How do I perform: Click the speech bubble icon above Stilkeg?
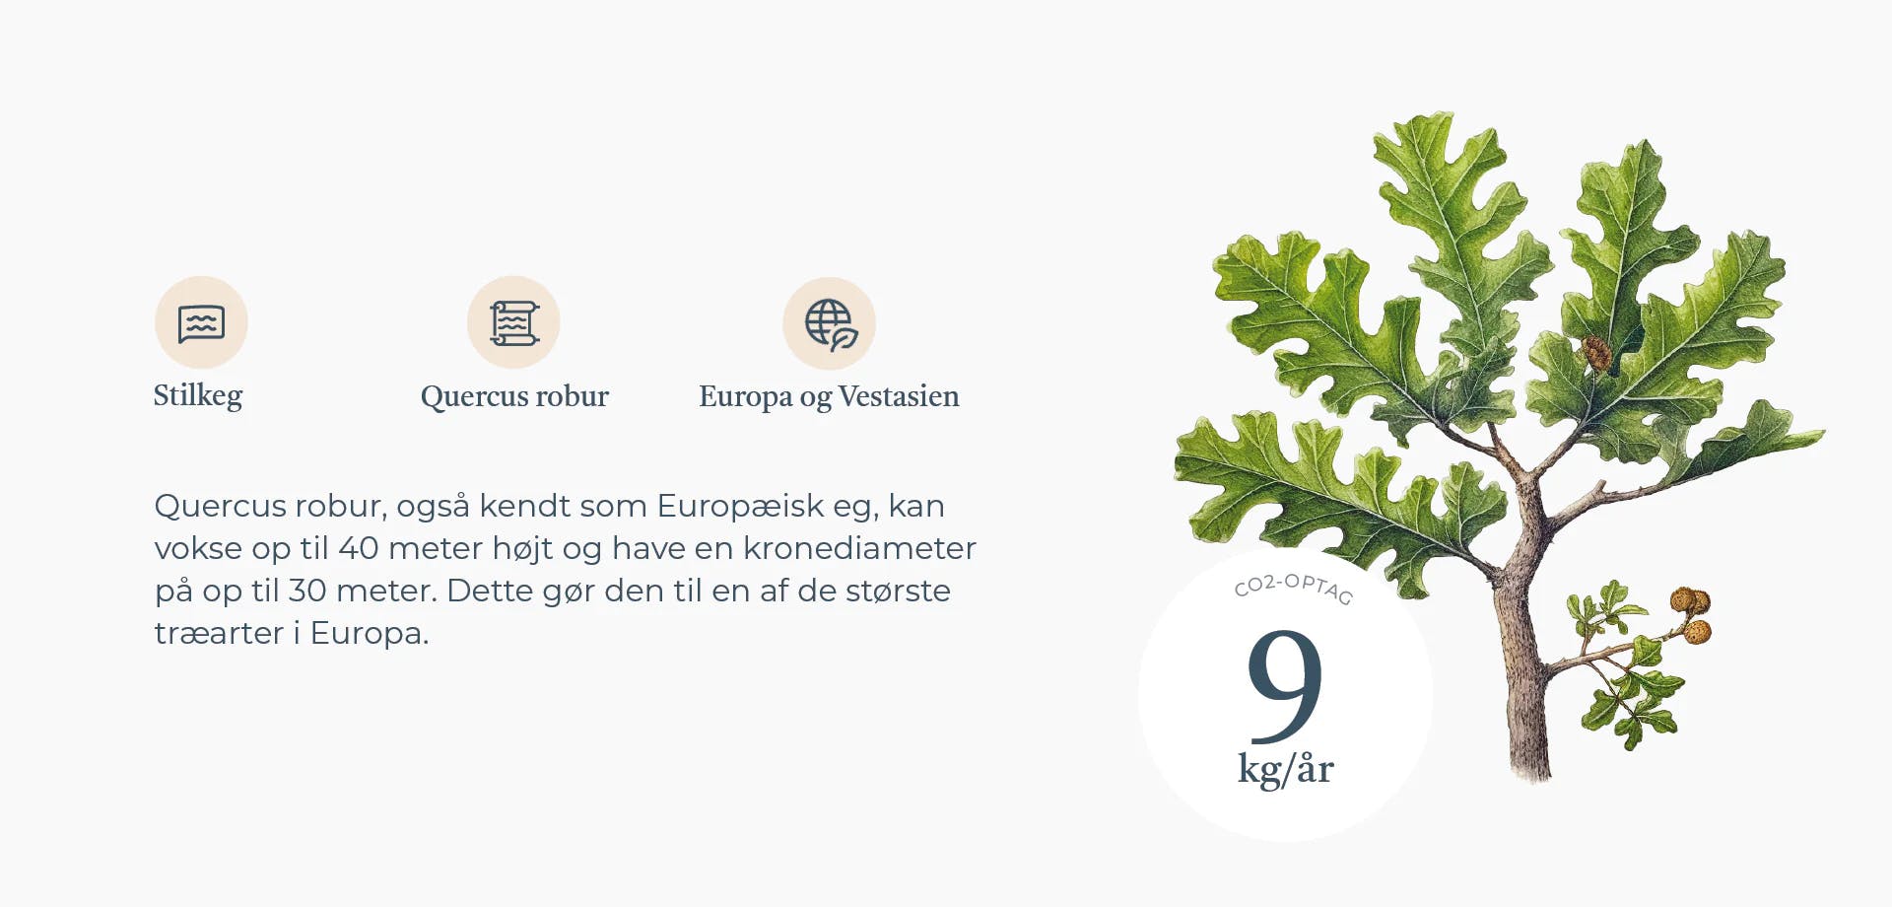[x=201, y=323]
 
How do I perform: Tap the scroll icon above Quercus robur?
[x=514, y=323]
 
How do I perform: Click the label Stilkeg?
[x=198, y=395]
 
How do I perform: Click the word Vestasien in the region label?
[x=899, y=396]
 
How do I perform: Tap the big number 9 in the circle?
[x=1285, y=685]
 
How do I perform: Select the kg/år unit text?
[x=1286, y=769]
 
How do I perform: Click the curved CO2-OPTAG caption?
[x=1294, y=588]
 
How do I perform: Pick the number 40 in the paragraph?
[x=359, y=548]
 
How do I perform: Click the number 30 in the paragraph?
[x=306, y=591]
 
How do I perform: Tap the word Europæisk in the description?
[x=741, y=506]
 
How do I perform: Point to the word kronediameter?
[x=859, y=548]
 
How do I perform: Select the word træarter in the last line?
[x=219, y=633]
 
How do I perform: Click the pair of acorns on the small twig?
[x=1691, y=614]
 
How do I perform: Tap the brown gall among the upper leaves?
[x=1596, y=353]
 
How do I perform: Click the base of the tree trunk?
[x=1530, y=769]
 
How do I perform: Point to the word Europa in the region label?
[x=746, y=397]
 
